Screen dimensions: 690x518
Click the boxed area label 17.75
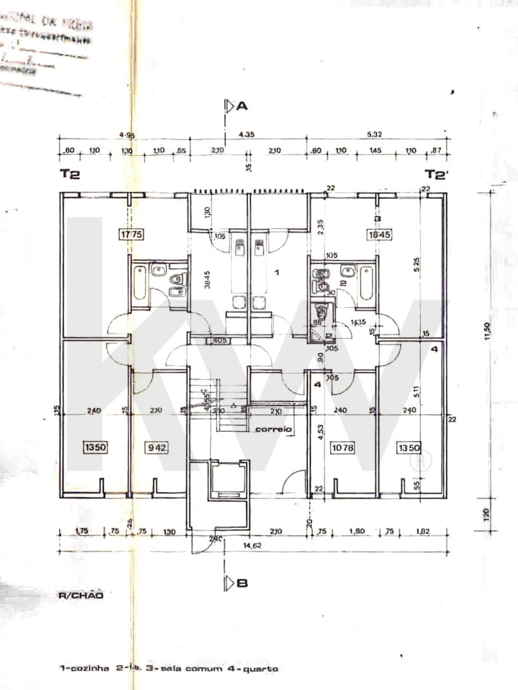click(x=132, y=234)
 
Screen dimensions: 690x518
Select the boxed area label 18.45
click(x=380, y=235)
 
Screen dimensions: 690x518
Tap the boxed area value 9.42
click(x=156, y=447)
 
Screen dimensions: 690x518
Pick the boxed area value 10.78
click(x=342, y=448)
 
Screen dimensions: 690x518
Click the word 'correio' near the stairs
click(x=274, y=429)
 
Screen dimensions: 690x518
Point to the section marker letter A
click(x=242, y=106)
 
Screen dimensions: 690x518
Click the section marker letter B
click(x=242, y=583)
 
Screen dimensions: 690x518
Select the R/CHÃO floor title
click(x=81, y=595)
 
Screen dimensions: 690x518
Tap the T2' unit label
click(x=436, y=175)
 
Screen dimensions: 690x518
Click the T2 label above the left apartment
click(x=70, y=174)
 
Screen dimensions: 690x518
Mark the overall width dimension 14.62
click(x=252, y=546)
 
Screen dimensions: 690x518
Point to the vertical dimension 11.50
click(x=487, y=332)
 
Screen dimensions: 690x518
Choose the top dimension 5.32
click(x=374, y=134)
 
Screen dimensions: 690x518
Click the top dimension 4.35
click(x=246, y=134)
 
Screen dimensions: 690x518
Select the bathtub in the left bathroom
click(x=140, y=282)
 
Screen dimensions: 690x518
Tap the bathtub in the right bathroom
click(x=367, y=283)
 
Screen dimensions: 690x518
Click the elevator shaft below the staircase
click(x=228, y=479)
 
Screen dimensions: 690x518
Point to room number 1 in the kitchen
click(x=277, y=273)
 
